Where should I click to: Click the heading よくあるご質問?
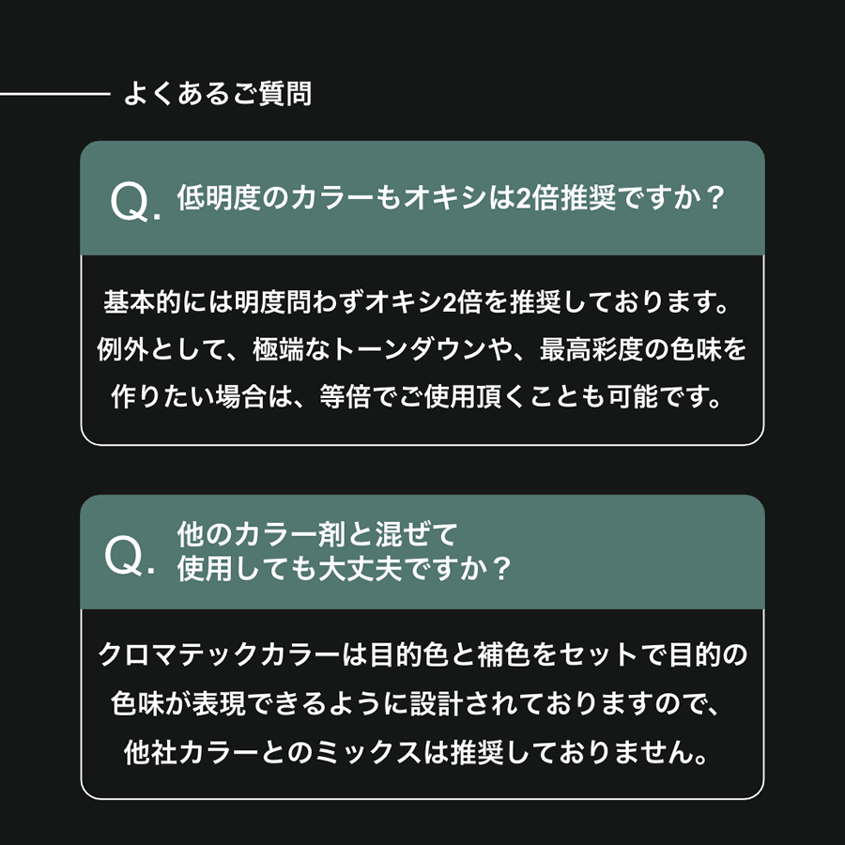(217, 95)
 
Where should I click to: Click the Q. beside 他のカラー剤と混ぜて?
(130, 557)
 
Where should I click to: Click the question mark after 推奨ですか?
(714, 200)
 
